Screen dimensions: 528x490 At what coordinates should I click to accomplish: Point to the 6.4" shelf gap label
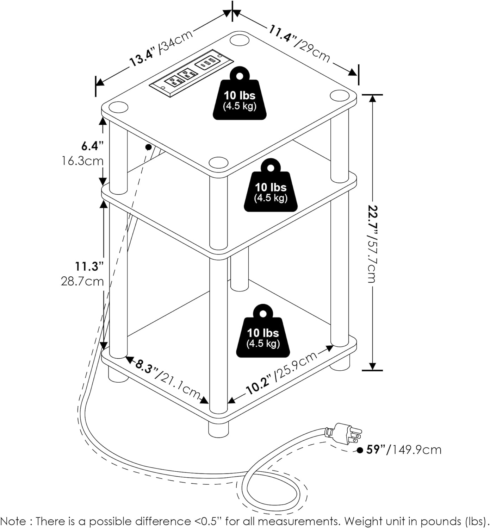pyautogui.click(x=89, y=146)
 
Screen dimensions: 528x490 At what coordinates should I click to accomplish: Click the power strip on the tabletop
pyautogui.click(x=192, y=73)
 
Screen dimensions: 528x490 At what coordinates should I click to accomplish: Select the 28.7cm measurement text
pyautogui.click(x=82, y=281)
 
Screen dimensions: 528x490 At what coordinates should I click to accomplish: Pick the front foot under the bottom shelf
pyautogui.click(x=218, y=427)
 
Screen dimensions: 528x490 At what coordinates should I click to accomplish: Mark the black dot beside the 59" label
pyautogui.click(x=360, y=450)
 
